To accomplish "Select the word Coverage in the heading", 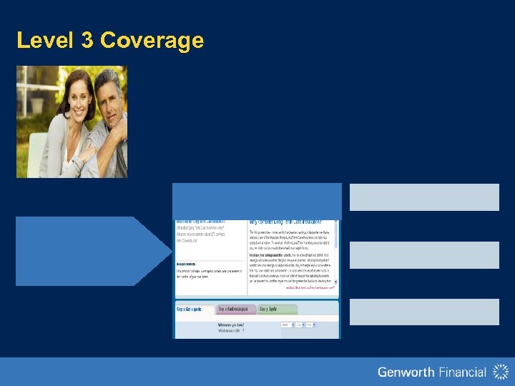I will coord(152,41).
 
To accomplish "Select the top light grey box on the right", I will coord(424,197).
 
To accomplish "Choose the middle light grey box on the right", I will coord(424,254).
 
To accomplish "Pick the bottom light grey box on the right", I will coord(424,312).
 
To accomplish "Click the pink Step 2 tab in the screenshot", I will coord(235,310).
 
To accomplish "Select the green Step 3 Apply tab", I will coord(268,310).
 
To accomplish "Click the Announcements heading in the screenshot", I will coord(190,262).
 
